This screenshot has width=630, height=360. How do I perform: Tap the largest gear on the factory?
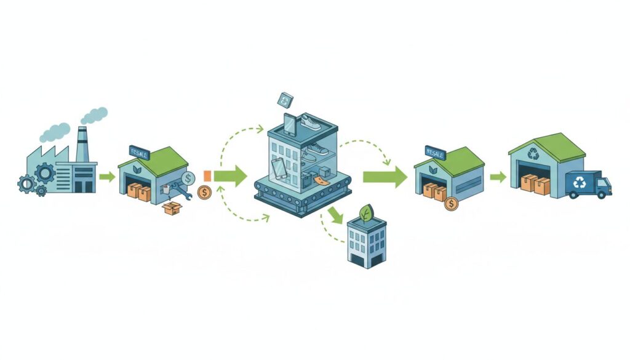pyautogui.click(x=44, y=173)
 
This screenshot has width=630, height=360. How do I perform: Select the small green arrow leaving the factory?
pyautogui.click(x=106, y=177)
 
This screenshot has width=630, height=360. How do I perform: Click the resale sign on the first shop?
pyautogui.click(x=140, y=151)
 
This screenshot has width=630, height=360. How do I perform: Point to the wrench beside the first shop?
pyautogui.click(x=183, y=190)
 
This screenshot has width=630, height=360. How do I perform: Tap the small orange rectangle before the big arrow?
pyautogui.click(x=207, y=176)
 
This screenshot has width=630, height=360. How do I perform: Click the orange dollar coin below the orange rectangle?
pyautogui.click(x=204, y=191)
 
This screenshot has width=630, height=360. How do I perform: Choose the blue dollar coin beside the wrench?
pyautogui.click(x=188, y=177)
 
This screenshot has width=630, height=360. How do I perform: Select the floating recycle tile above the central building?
pyautogui.click(x=285, y=99)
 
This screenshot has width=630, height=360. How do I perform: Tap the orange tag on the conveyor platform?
pyautogui.click(x=321, y=180)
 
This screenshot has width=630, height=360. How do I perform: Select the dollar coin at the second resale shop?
pyautogui.click(x=451, y=203)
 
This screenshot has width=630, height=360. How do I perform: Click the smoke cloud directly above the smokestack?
pyautogui.click(x=94, y=114)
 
